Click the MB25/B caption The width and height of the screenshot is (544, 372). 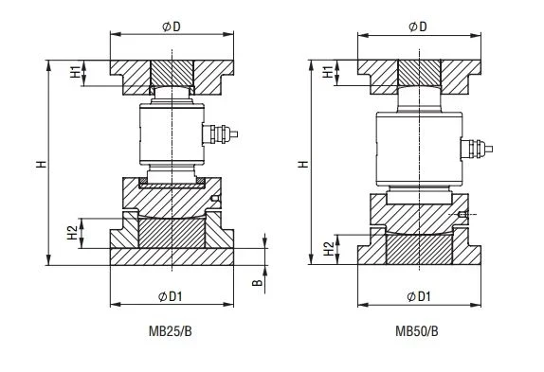[x=170, y=331]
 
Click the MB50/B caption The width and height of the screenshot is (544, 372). [x=417, y=331]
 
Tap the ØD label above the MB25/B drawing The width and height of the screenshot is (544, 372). [x=172, y=27]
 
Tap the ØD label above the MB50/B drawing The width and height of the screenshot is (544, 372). [x=418, y=27]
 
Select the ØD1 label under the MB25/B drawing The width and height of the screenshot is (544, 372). [x=170, y=296]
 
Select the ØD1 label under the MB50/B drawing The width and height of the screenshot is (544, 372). [x=418, y=296]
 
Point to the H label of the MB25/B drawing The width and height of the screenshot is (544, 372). [x=42, y=164]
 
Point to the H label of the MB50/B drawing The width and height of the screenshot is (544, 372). [x=303, y=164]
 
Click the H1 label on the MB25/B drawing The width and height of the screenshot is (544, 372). [x=75, y=72]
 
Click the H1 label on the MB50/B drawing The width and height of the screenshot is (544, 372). [x=328, y=72]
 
